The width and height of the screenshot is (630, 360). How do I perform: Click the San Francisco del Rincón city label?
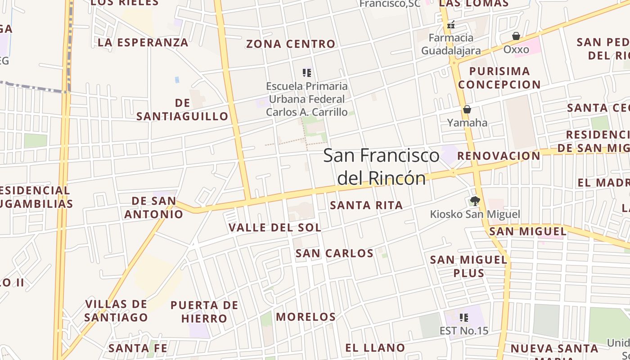(382, 166)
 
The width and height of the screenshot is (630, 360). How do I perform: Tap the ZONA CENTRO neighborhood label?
(291, 44)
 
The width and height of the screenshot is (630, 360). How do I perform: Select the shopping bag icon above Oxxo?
(516, 36)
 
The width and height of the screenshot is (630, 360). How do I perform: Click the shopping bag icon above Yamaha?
(467, 109)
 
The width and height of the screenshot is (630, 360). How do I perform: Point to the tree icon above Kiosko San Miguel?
(475, 201)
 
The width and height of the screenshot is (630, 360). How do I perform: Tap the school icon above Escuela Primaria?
(307, 73)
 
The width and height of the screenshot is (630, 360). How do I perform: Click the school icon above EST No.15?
(464, 318)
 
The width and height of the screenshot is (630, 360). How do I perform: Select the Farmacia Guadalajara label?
(451, 44)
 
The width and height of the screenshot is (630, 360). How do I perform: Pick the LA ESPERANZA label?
(143, 43)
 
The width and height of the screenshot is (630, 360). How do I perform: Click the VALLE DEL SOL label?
(275, 228)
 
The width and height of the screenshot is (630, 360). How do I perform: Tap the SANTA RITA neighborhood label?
(366, 206)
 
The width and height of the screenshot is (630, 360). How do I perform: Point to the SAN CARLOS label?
(334, 253)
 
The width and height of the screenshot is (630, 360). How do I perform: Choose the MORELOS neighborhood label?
(306, 317)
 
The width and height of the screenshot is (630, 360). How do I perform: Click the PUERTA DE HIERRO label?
(204, 312)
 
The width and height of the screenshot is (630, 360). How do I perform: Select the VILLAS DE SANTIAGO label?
(116, 310)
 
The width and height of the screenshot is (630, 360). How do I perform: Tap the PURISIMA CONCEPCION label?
(499, 78)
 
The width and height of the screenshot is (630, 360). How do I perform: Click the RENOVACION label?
(499, 156)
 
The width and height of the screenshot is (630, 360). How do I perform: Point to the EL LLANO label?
(375, 348)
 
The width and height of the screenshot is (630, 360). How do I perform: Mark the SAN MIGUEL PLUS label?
(469, 266)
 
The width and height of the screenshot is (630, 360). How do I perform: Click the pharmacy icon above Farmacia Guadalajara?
(451, 24)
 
